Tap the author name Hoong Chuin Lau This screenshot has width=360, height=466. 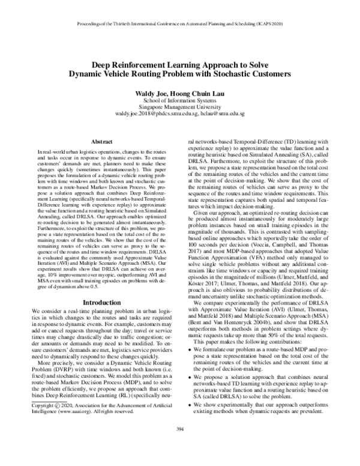196,94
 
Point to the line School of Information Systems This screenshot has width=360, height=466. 179,101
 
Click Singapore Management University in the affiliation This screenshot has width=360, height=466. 179,107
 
